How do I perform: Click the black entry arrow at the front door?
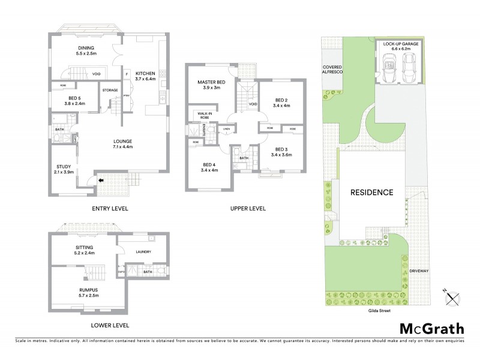[x=101, y=179]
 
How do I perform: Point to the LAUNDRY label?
[x=143, y=252]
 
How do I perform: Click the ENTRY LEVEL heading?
[x=110, y=209]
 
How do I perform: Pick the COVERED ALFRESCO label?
[x=332, y=70]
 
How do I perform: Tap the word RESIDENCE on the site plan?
[x=372, y=193]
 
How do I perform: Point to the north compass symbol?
[x=454, y=295]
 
